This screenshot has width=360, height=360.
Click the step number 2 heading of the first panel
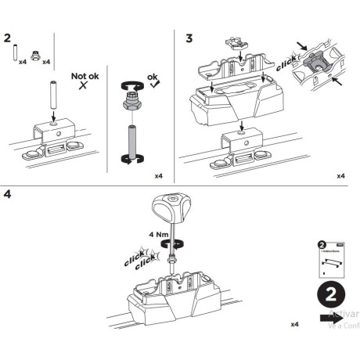click(x=8, y=37)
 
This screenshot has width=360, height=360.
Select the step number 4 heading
click(x=8, y=193)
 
